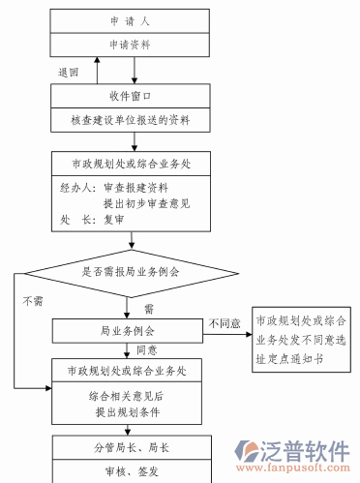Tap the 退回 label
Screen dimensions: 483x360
68,73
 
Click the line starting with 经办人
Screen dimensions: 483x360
114,187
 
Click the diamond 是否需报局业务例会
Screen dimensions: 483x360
130,272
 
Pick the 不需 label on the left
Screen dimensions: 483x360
31,300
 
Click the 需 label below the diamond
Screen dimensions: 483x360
149,309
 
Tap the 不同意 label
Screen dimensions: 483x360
223,322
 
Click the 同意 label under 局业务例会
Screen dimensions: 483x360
147,349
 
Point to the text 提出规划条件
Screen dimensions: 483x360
130,412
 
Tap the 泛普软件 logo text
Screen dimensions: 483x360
306,451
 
